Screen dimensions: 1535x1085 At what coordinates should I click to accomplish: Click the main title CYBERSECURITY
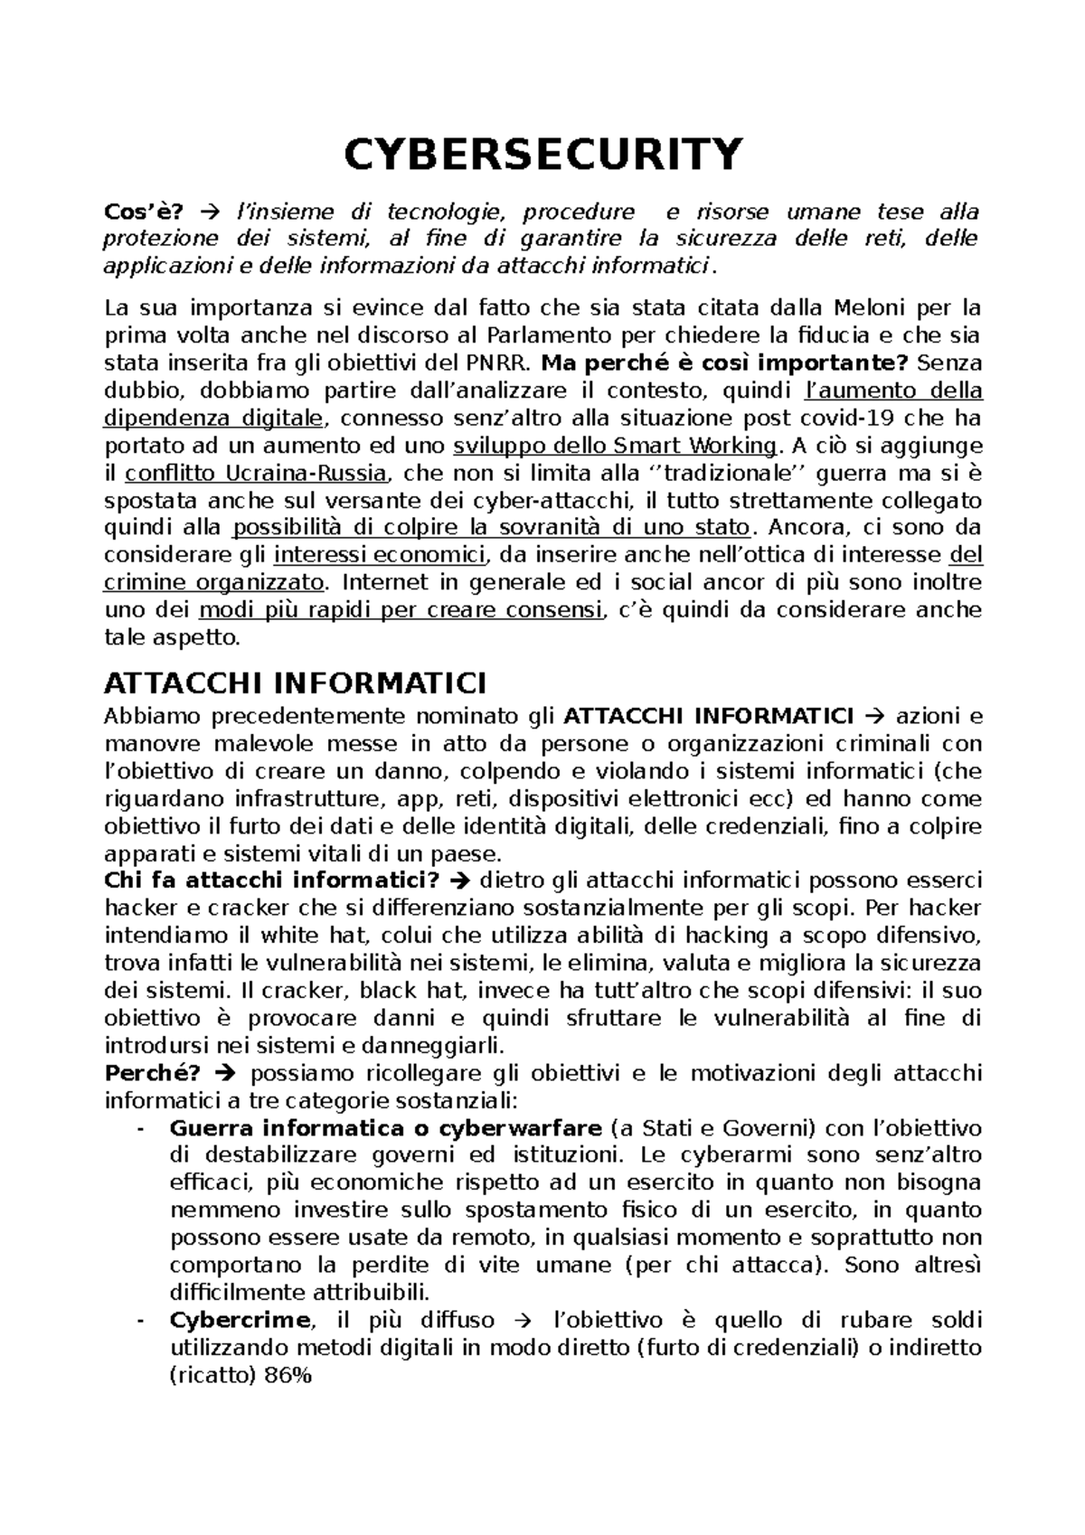click(542, 155)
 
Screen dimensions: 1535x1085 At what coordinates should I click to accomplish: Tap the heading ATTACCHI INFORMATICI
click(296, 682)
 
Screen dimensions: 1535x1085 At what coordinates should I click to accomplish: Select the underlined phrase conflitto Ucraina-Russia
click(257, 474)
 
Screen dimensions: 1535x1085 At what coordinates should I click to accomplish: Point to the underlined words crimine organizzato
click(213, 582)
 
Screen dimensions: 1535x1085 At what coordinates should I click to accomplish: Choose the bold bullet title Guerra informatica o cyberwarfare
click(385, 1129)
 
